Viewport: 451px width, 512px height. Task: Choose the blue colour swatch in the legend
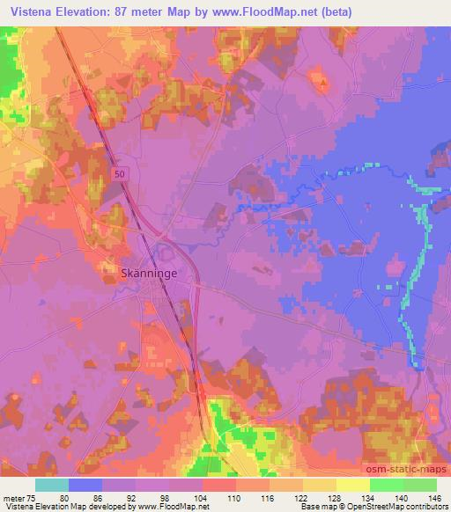pyautogui.click(x=85, y=485)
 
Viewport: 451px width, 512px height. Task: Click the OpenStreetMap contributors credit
pyautogui.click(x=404, y=507)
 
